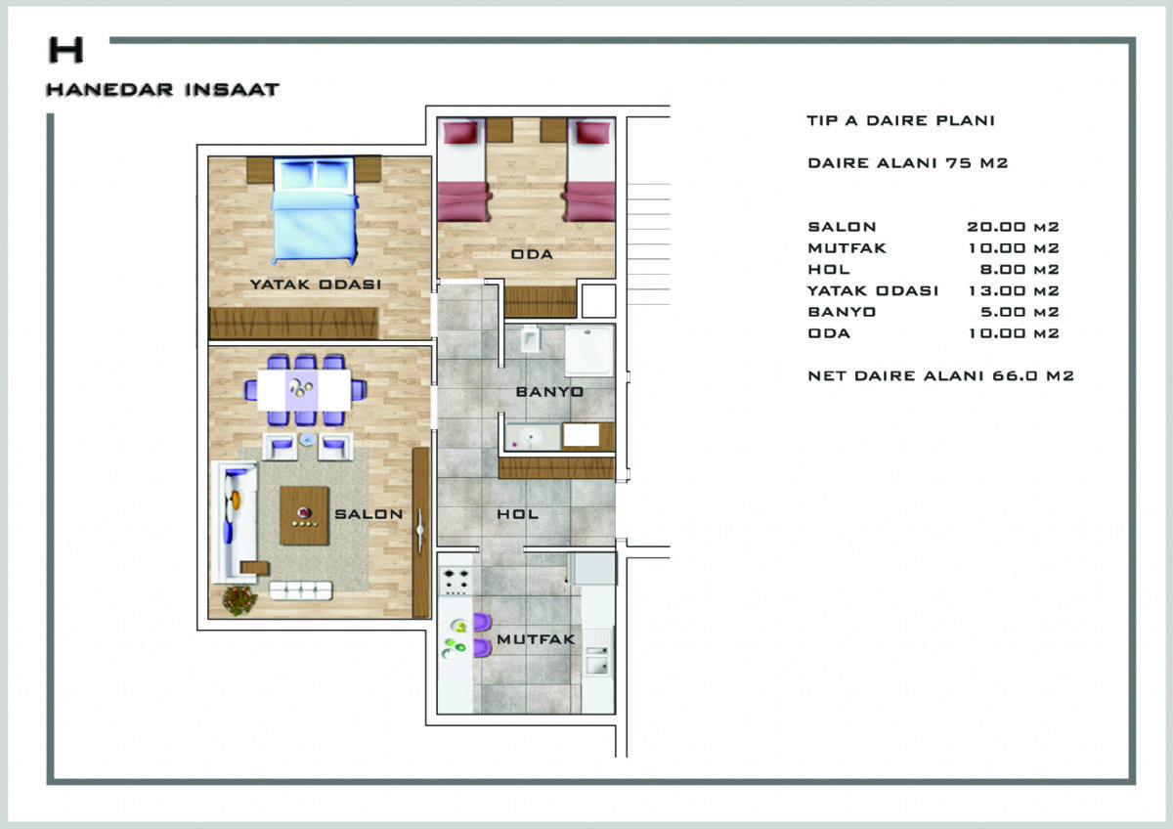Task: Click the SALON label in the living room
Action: (369, 514)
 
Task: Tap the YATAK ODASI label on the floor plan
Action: (316, 284)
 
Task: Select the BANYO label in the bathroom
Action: (549, 392)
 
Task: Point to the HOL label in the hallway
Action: (517, 514)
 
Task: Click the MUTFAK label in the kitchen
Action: (536, 639)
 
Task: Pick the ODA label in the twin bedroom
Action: (532, 254)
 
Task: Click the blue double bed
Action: (315, 210)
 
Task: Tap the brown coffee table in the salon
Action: (304, 515)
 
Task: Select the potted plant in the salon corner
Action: (239, 600)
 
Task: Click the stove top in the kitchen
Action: (456, 582)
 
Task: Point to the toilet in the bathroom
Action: (531, 339)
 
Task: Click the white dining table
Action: (304, 390)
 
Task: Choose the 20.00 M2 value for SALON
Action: (1014, 227)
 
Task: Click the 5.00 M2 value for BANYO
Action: (1020, 312)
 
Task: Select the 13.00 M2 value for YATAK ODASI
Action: (1014, 290)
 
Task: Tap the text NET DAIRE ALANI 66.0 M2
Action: (941, 376)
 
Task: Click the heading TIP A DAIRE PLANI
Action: (900, 120)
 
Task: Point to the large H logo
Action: (66, 50)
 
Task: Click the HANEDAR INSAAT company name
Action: (163, 90)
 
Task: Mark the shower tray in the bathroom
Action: (589, 350)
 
